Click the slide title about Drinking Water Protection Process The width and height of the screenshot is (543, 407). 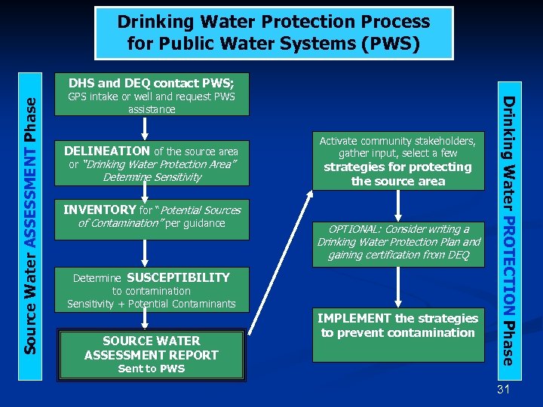pos(273,32)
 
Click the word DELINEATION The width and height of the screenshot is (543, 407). pos(107,151)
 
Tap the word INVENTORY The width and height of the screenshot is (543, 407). pos(100,210)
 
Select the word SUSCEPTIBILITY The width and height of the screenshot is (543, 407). pos(178,277)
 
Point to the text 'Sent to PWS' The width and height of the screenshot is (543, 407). pos(152,369)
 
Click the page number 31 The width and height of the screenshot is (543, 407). pos(504,389)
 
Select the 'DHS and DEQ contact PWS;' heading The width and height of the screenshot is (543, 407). pos(152,83)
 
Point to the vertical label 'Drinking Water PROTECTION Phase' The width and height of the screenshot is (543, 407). pos(511,230)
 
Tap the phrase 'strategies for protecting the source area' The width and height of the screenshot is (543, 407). pos(397,174)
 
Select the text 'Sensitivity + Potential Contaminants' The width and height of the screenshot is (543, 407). pos(152,304)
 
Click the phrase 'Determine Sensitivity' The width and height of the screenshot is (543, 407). pos(152,177)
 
